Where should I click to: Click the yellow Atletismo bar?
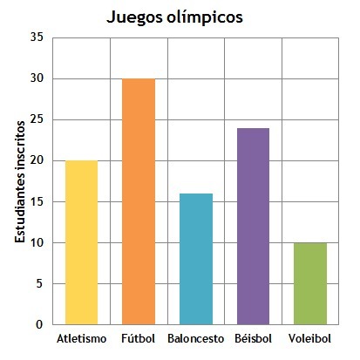pos(81,242)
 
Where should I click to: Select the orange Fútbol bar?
pos(139,201)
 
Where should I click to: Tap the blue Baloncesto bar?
pos(196,259)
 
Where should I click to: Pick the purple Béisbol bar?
pos(253,226)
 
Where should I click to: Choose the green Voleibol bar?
pos(310,283)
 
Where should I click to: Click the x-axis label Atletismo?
pos(82,339)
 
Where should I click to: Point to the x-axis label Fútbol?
pos(138,338)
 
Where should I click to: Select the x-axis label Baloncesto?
pos(196,339)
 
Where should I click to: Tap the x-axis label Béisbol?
pos(253,338)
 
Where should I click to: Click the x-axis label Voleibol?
pos(309,338)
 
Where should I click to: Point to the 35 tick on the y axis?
pos(37,37)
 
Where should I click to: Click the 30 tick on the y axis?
pos(37,78)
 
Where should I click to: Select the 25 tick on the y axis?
pos(37,119)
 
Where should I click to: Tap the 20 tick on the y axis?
pos(37,160)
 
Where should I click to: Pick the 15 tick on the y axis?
pos(37,201)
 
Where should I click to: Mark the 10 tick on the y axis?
pos(37,242)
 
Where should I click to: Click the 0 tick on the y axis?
pos(39,324)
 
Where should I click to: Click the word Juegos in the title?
pos(134,17)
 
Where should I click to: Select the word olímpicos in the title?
pos(205,17)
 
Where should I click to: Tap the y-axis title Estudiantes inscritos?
pos(20,182)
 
